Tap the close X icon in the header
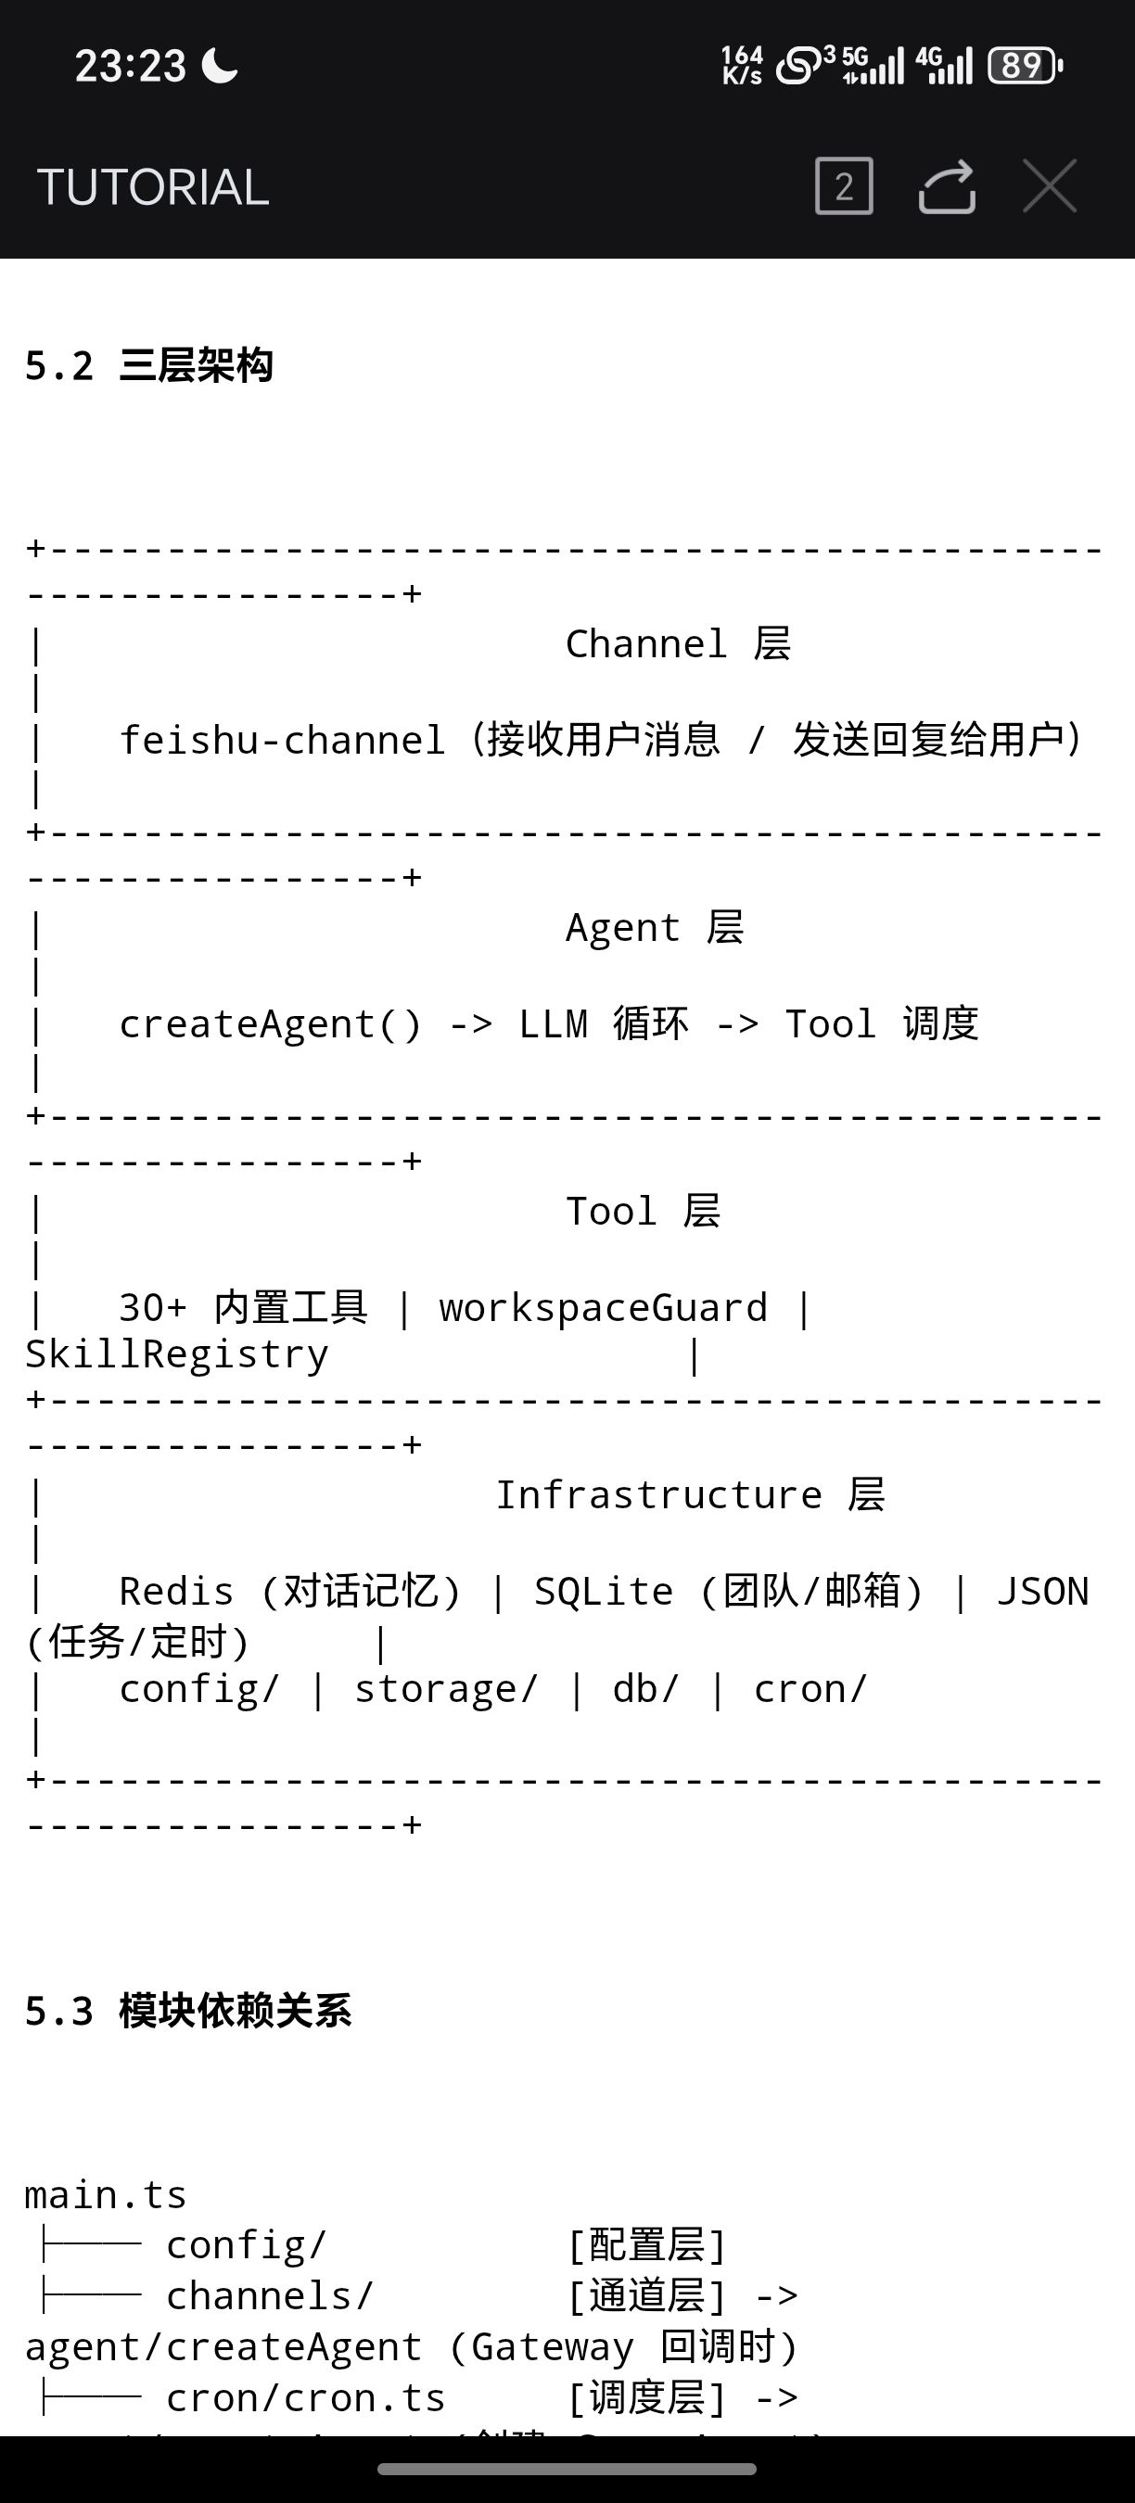(1050, 185)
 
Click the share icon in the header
(947, 185)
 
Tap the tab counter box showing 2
(844, 185)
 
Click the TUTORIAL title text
(153, 187)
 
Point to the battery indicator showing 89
(1023, 66)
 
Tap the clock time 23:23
(130, 66)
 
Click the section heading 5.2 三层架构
(148, 366)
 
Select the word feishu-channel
(282, 741)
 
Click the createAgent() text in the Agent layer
(270, 1024)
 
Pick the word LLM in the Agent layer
(553, 1024)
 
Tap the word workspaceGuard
(603, 1308)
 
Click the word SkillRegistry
(177, 1354)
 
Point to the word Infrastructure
(659, 1494)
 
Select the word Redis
(176, 1592)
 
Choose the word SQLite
(603, 1592)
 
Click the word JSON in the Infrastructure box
(1042, 1592)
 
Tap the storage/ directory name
(446, 1689)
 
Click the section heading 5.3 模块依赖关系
(187, 2011)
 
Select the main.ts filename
(105, 2195)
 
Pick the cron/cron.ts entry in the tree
(305, 2397)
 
